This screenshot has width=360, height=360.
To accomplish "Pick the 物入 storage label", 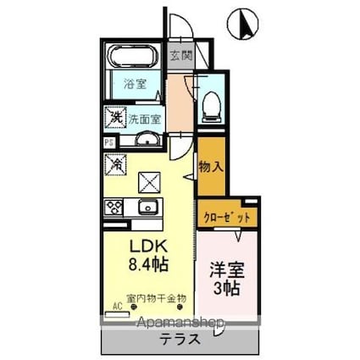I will click(211, 167).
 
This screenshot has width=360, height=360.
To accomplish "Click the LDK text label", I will click(147, 246).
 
